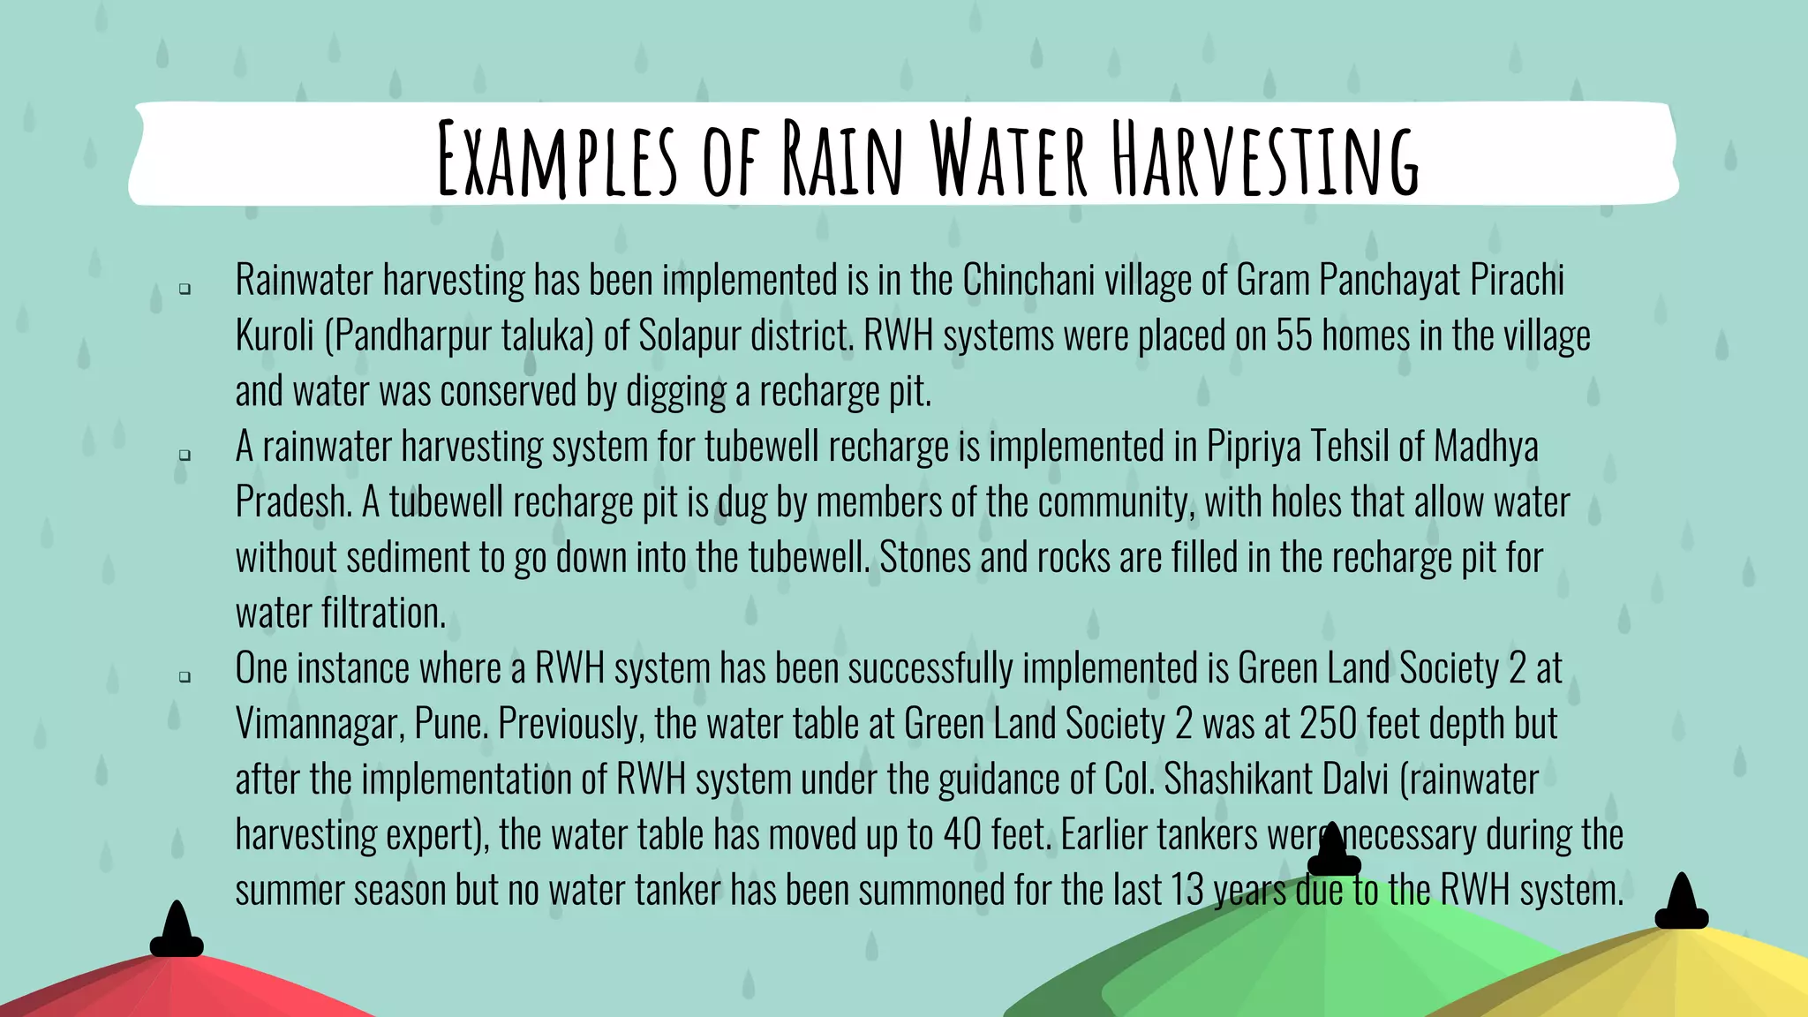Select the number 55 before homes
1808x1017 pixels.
pos(1294,336)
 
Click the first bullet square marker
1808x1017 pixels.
pos(185,289)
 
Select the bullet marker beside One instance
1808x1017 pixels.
pos(185,677)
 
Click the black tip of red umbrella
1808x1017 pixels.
pos(177,931)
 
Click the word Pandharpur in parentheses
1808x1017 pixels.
pos(412,336)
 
